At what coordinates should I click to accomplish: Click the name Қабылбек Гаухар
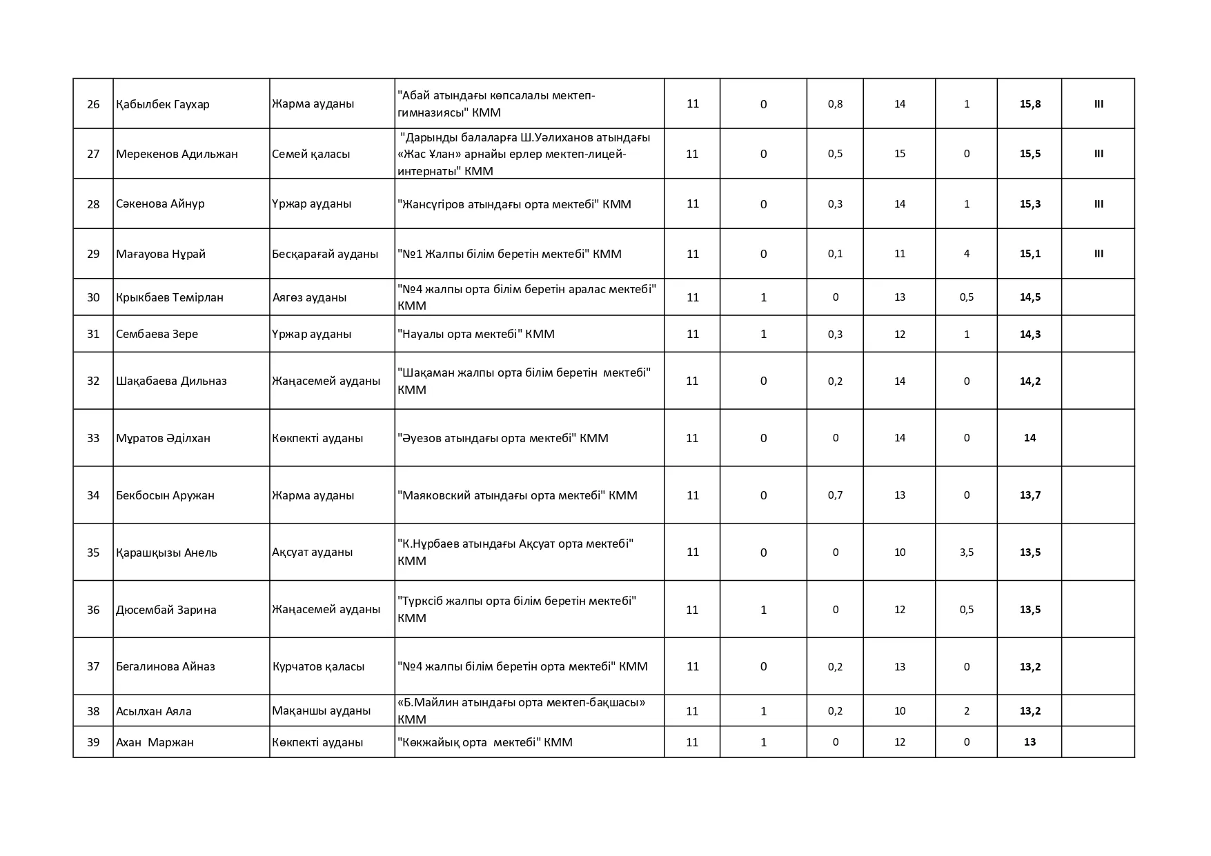coord(163,104)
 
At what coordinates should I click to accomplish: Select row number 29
coord(93,254)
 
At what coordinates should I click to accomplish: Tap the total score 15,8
coord(1030,104)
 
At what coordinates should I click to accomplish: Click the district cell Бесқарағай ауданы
coord(325,254)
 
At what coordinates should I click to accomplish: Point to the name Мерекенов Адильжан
coord(177,154)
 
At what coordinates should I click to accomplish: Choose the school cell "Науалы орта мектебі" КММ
coord(476,334)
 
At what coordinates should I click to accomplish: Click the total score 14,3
coord(1030,334)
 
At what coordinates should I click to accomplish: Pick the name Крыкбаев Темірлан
coord(170,297)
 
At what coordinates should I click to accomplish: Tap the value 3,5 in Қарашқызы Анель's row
coord(966,552)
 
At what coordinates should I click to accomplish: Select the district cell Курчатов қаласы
coord(318,666)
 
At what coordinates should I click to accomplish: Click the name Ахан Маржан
coord(155,742)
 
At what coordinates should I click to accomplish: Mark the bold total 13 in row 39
coord(1030,742)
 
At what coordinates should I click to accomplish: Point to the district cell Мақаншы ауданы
coord(321,710)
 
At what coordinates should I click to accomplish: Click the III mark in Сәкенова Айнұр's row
coord(1099,204)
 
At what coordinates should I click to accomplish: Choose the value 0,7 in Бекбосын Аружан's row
coord(835,495)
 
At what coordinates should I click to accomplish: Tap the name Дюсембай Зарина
coord(166,610)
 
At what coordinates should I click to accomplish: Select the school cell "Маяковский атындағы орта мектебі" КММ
coord(518,495)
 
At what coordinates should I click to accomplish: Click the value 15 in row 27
coord(899,154)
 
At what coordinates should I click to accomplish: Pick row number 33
coord(93,438)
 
